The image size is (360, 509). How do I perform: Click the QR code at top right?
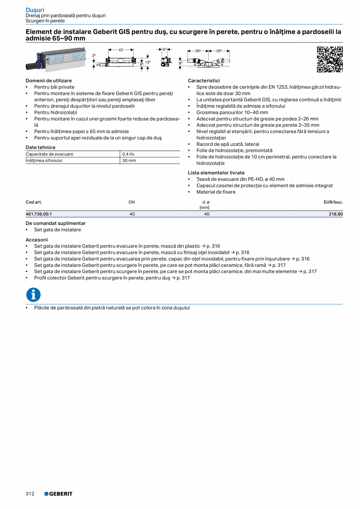click(329, 59)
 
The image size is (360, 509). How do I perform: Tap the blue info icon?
click(33, 295)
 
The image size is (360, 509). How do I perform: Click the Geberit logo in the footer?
click(58, 494)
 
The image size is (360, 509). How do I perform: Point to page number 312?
click(30, 494)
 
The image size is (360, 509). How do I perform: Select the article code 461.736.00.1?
click(39, 214)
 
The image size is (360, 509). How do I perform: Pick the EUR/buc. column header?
click(333, 202)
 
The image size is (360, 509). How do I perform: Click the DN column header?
click(132, 202)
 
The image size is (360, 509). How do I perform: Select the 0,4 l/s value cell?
click(128, 154)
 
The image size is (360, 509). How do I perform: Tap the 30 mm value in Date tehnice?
click(129, 160)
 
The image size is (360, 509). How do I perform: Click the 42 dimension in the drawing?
click(121, 50)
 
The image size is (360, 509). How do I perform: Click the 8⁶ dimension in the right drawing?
click(180, 63)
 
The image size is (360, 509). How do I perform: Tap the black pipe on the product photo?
click(34, 67)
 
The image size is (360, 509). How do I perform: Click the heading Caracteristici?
click(204, 81)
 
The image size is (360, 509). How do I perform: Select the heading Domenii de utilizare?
click(49, 81)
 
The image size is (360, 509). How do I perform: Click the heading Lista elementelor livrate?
click(216, 173)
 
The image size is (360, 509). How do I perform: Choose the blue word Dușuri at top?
click(35, 10)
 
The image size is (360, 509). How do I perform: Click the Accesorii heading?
click(36, 239)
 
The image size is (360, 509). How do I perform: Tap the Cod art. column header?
click(34, 202)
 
